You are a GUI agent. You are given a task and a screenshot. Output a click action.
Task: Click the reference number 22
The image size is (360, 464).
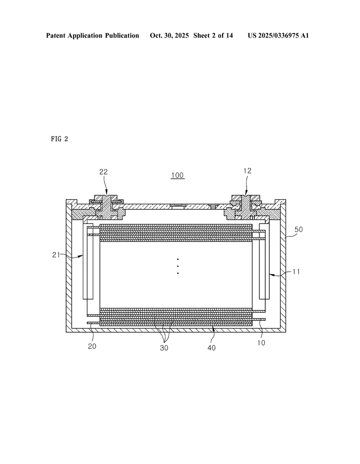103,172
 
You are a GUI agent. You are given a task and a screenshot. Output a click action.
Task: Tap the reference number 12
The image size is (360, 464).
247,171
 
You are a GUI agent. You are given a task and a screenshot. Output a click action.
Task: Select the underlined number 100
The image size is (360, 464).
177,175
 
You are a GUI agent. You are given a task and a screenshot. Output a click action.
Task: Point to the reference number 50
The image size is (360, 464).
299,229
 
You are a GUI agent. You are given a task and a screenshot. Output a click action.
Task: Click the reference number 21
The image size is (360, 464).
56,255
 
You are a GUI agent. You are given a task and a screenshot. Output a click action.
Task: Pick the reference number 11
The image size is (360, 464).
296,272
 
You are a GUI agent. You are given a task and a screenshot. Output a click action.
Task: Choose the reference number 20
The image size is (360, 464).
92,346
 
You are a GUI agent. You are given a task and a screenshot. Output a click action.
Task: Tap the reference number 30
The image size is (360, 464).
164,348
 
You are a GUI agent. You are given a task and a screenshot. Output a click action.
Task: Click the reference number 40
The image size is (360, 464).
211,348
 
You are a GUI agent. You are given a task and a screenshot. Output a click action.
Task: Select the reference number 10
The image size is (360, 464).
261,343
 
